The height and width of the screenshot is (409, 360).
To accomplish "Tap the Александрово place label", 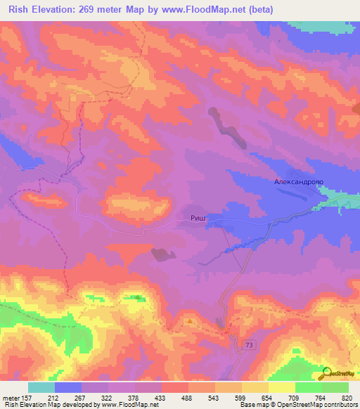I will tap(298, 181).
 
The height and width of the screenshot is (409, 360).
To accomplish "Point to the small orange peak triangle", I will tap(190, 322).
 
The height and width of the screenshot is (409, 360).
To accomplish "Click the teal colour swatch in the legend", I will tap(41, 387).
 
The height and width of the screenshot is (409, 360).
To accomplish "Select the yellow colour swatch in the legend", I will tap(281, 387).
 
